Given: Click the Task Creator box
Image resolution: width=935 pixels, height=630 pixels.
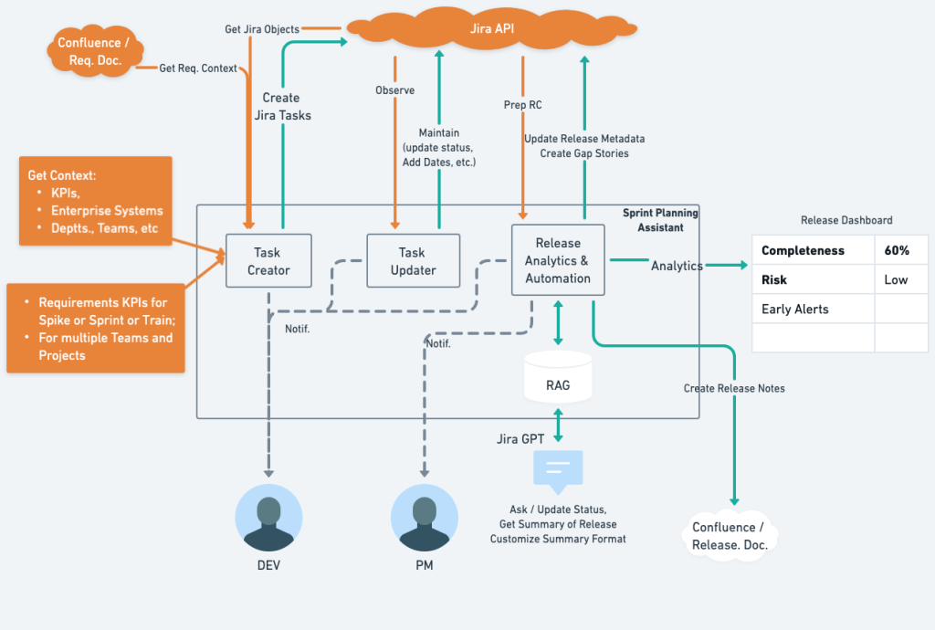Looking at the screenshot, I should click(x=268, y=261).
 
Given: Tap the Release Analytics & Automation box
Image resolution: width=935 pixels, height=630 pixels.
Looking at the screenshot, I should click(x=558, y=260).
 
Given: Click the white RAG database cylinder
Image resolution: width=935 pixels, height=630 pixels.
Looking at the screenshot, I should click(x=558, y=378).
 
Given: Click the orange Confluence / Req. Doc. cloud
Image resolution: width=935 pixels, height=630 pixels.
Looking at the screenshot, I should click(x=89, y=52).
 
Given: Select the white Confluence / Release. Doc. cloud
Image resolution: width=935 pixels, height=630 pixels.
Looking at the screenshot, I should click(x=730, y=535).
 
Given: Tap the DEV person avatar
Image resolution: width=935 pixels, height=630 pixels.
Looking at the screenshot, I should click(x=268, y=518).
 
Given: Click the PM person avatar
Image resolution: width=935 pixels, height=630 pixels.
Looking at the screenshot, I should click(x=424, y=518).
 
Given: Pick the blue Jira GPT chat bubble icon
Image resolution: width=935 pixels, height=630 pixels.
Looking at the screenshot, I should click(x=558, y=470).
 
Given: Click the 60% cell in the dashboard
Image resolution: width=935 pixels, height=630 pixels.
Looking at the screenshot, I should click(x=896, y=250).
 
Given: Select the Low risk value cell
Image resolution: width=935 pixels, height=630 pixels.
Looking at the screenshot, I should click(x=896, y=279).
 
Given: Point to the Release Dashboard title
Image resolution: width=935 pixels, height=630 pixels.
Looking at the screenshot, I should click(x=846, y=220).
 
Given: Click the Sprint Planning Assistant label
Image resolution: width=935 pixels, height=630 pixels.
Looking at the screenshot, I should click(x=660, y=220).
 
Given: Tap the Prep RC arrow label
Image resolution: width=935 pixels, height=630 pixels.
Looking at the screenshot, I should click(x=522, y=105).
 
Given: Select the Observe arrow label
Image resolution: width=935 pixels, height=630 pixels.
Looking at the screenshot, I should click(x=394, y=90).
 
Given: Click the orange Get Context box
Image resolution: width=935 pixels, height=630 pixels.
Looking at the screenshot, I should click(x=95, y=201).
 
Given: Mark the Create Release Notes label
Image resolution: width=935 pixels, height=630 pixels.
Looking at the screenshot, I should click(x=734, y=388).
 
